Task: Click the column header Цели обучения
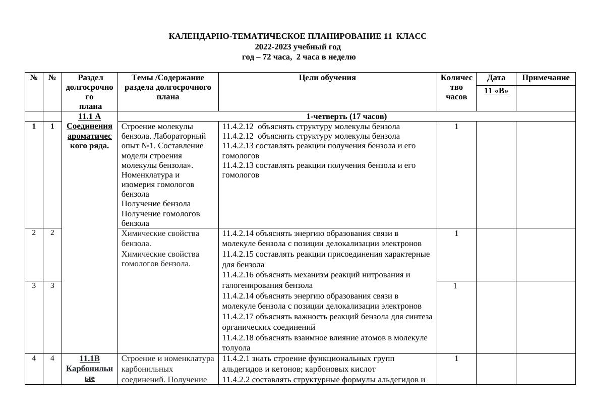point(327,78)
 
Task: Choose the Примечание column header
point(546,78)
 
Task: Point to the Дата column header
point(496,78)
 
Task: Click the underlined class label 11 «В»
point(496,91)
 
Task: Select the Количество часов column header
point(456,87)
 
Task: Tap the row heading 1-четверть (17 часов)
point(346,116)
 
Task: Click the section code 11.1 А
point(89,116)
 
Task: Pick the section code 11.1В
point(89,359)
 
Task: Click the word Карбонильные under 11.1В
point(89,373)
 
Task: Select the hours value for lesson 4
point(456,359)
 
